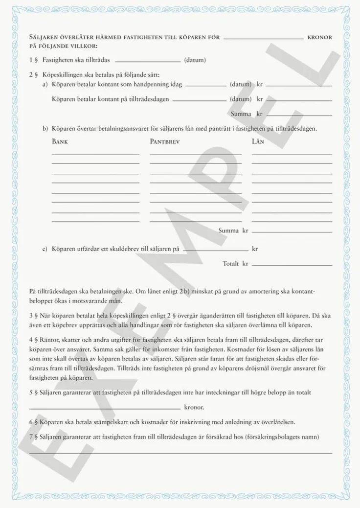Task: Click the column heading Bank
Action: tap(60, 142)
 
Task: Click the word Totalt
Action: tap(230, 264)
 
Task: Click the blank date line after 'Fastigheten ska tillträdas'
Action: tap(147, 62)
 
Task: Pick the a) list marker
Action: tap(45, 85)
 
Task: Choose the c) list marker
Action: tap(45, 249)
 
